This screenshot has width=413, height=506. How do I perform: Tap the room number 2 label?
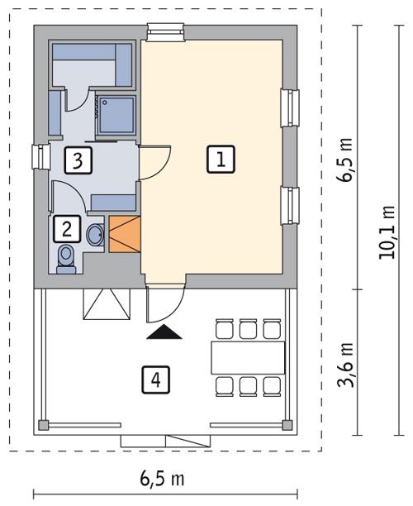[67, 227]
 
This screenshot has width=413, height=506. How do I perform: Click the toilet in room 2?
[66, 258]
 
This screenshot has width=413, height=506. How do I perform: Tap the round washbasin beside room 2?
[95, 232]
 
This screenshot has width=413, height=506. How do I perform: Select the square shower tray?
[116, 114]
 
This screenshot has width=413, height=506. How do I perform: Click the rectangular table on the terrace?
[247, 358]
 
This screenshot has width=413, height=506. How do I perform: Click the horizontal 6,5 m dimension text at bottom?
[161, 479]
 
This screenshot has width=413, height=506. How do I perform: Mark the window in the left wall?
[37, 155]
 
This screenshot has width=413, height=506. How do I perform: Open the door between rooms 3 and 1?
[155, 161]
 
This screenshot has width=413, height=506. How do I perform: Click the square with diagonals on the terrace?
[106, 305]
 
